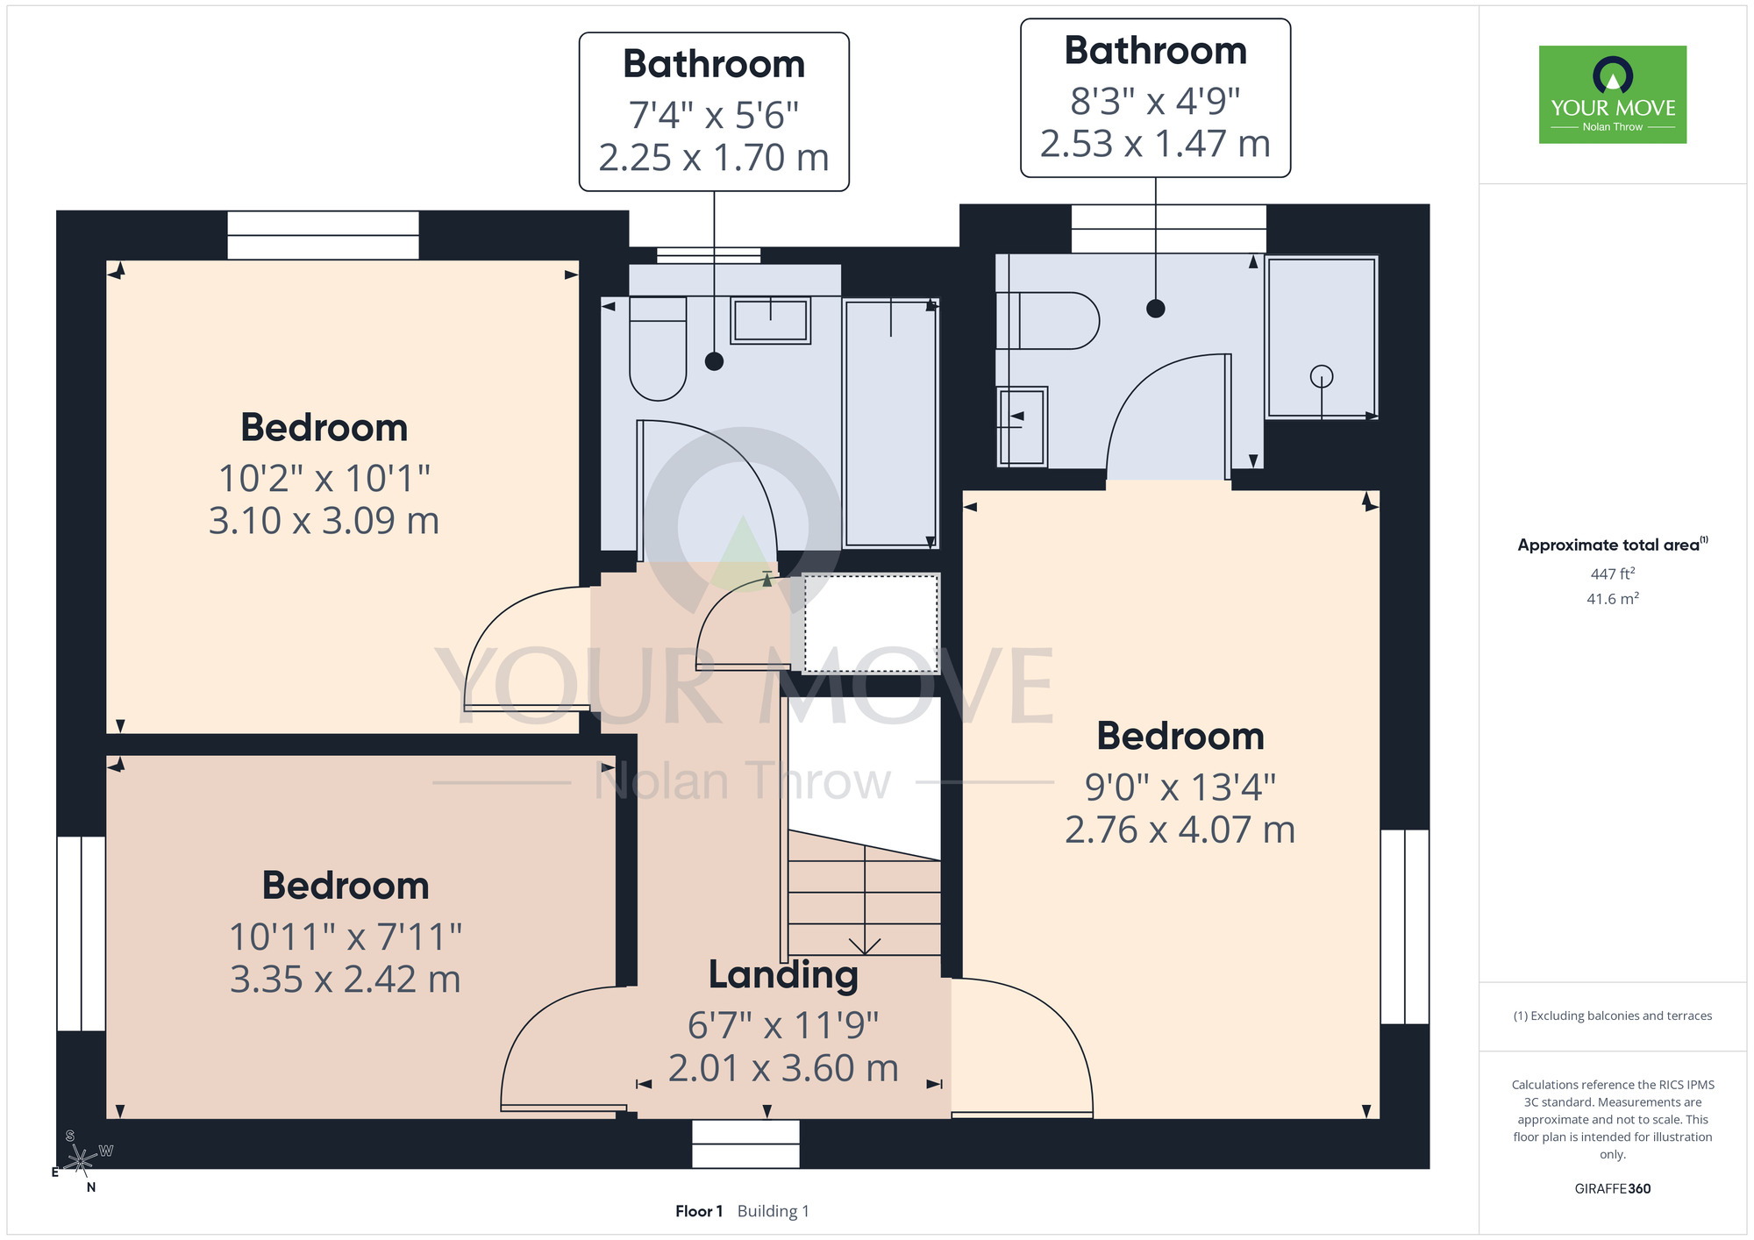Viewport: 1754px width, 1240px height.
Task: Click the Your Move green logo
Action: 1612,95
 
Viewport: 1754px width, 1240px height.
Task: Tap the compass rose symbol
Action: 81,1161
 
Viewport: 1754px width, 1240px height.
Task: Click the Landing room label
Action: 783,975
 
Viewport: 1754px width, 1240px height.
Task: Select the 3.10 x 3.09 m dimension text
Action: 324,521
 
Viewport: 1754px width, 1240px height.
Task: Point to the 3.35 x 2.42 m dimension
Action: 346,980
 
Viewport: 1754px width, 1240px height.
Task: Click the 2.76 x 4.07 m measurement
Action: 1180,830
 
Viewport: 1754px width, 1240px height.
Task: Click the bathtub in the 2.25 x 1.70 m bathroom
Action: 890,424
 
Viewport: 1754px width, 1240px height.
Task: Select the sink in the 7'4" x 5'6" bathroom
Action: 770,320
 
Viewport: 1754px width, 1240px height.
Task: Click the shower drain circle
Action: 1322,376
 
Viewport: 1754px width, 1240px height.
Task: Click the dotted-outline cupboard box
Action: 871,623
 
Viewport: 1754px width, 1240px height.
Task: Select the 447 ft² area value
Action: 1613,574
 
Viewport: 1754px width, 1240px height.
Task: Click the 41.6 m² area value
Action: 1613,599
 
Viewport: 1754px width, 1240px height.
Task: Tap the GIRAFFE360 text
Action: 1613,1189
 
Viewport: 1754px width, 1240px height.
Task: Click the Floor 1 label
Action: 699,1211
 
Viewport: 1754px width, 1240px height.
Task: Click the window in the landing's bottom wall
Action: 745,1144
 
